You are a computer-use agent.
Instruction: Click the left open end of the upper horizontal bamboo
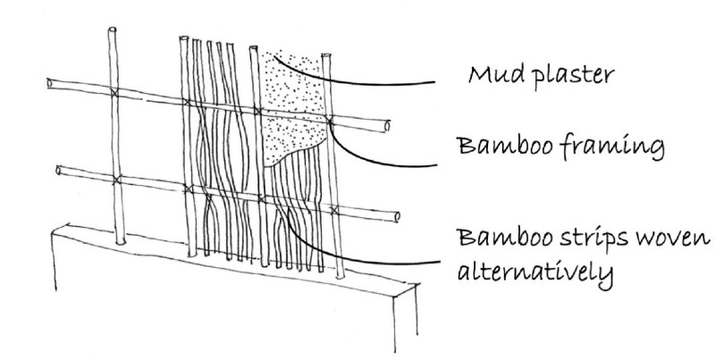(x=50, y=85)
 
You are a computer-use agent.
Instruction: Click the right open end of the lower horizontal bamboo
(x=397, y=216)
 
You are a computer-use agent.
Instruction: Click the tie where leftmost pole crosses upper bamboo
(x=114, y=94)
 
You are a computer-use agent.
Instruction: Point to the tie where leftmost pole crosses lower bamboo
(x=115, y=179)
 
